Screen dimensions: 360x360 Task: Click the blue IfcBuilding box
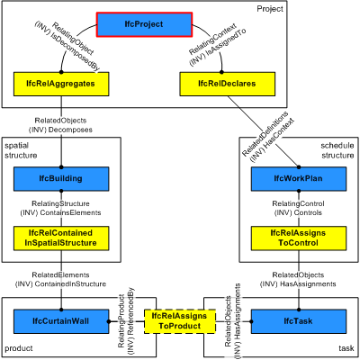click(x=60, y=180)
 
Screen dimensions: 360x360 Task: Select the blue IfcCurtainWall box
click(x=60, y=320)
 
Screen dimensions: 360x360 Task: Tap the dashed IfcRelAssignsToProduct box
click(x=180, y=320)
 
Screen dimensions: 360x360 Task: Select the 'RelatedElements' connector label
click(x=60, y=274)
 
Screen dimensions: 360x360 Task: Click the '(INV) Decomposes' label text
click(x=60, y=129)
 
